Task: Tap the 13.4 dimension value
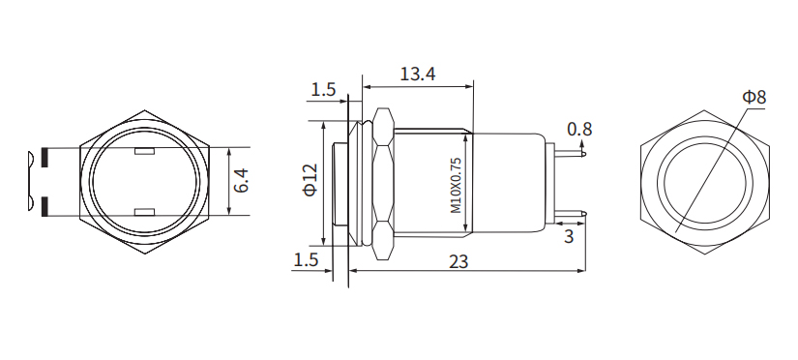coord(417,74)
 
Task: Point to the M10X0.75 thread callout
coord(456,186)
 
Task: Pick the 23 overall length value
coord(458,261)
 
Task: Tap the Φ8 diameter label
coord(754,97)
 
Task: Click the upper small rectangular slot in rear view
coord(146,152)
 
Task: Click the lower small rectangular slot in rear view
coord(146,211)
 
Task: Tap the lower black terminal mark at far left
coord(45,205)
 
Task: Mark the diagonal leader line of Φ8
coord(711,170)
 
